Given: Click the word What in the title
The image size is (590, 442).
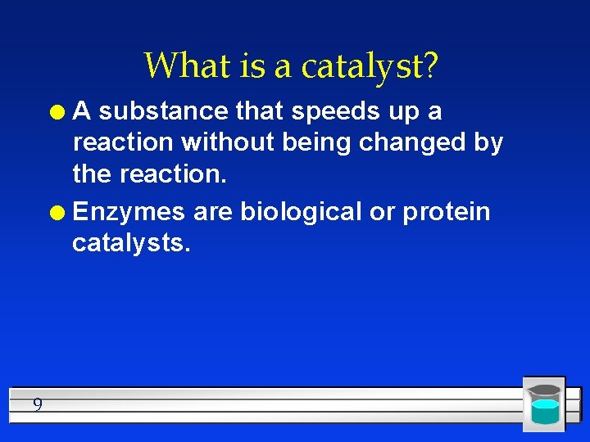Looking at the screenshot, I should tap(182, 65).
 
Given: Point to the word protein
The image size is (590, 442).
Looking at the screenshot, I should tap(446, 213).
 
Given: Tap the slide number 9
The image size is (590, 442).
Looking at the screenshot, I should tap(38, 404).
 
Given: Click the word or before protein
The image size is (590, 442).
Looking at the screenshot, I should tap(382, 213).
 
